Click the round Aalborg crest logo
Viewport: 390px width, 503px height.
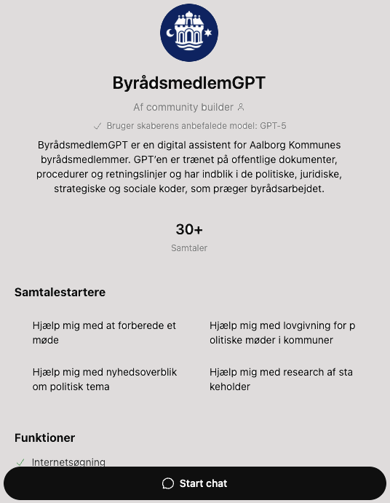pyautogui.click(x=189, y=33)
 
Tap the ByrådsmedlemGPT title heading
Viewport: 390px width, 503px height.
pyautogui.click(x=189, y=83)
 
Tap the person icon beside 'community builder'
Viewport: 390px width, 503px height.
pyautogui.click(x=241, y=107)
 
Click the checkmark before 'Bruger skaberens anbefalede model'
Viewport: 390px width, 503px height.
pyautogui.click(x=97, y=125)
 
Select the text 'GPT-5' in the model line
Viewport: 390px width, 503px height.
pyautogui.click(x=273, y=125)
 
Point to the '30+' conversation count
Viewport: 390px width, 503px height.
pyautogui.click(x=189, y=229)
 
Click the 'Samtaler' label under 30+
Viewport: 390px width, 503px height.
pyautogui.click(x=189, y=248)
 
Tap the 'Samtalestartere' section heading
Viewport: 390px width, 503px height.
pyautogui.click(x=60, y=293)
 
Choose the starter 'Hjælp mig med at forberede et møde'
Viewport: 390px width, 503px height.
pyautogui.click(x=104, y=333)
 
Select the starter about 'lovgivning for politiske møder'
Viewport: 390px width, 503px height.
pyautogui.click(x=282, y=333)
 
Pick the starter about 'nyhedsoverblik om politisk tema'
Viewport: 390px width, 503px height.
pyautogui.click(x=104, y=379)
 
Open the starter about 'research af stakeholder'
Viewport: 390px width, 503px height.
pyautogui.click(x=281, y=379)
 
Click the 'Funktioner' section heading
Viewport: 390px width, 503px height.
pyautogui.click(x=45, y=437)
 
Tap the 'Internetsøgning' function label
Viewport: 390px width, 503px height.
pyautogui.click(x=69, y=462)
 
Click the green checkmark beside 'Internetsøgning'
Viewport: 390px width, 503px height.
pyautogui.click(x=20, y=462)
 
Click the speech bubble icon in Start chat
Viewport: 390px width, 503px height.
pyautogui.click(x=167, y=483)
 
